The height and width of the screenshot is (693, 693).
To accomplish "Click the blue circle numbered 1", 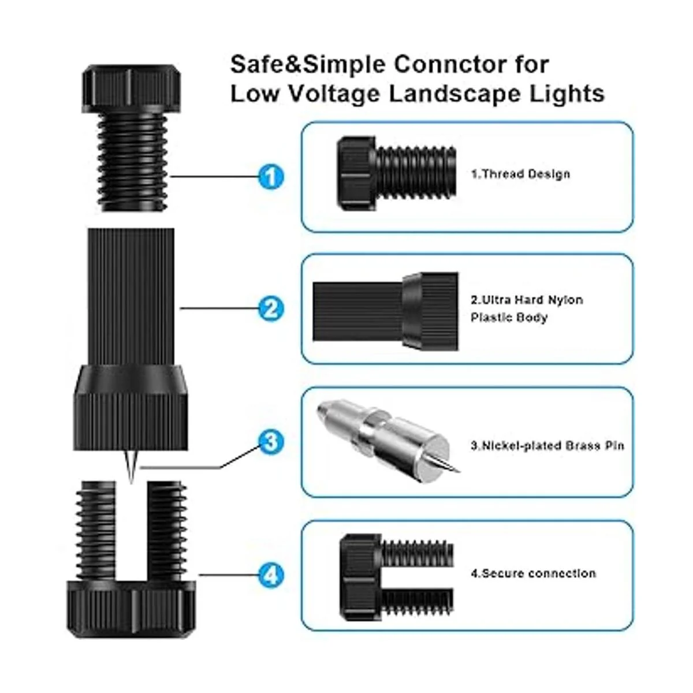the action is tap(271, 177).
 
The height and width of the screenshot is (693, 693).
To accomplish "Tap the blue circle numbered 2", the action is tap(271, 308).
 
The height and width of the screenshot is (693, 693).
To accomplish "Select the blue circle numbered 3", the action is tap(271, 441).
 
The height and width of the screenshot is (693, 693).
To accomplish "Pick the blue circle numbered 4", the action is tap(271, 575).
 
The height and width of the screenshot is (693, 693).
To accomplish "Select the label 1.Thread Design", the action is tap(520, 174).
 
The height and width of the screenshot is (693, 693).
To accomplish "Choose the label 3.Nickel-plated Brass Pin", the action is tap(547, 446).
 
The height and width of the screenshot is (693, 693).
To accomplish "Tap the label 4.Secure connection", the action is tap(533, 573).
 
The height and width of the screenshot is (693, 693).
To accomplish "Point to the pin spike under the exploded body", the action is tap(131, 465).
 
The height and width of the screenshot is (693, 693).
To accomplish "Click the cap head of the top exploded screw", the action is tap(131, 88).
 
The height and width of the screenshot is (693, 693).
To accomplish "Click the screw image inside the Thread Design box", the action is tap(397, 173).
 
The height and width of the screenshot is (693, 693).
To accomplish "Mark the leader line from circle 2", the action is tap(219, 308).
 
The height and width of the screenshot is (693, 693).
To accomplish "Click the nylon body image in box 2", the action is tap(386, 311).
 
